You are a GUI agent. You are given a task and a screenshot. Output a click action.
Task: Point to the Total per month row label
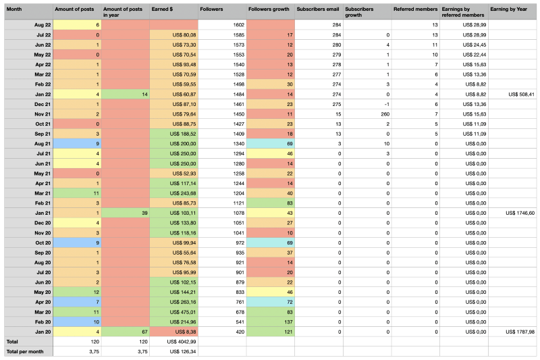[27, 352]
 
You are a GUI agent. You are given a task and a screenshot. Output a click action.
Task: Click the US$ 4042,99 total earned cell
[173, 342]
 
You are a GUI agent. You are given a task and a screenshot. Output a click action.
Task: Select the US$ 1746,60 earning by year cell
[514, 213]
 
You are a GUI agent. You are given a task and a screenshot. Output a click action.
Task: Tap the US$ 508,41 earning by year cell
[514, 95]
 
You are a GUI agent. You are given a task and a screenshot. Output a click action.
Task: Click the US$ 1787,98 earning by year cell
[514, 332]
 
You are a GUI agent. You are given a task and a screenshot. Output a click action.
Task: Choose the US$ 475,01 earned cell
[173, 312]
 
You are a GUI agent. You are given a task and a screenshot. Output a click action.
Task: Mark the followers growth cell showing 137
[269, 322]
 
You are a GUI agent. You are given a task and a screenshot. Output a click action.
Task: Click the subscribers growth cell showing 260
[367, 115]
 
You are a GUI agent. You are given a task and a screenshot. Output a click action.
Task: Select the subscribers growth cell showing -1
[367, 105]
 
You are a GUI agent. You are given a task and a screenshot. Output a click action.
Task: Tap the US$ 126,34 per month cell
[173, 352]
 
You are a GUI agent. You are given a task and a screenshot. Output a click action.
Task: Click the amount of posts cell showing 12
[77, 292]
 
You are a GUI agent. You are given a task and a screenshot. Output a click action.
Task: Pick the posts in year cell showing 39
[126, 213]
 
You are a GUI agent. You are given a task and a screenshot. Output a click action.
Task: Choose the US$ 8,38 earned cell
[173, 332]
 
